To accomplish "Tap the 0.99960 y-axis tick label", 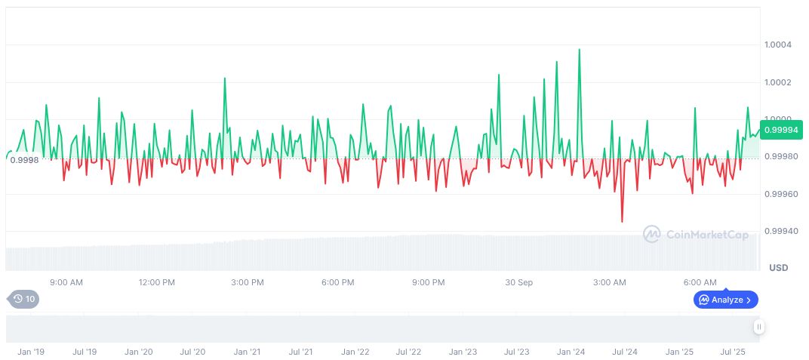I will click(782, 195).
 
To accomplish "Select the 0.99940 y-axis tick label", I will click(782, 232).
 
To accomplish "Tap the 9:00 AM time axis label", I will click(66, 282).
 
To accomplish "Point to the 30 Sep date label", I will click(518, 282).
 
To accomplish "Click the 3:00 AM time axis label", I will click(609, 282).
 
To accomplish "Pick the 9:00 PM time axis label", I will click(428, 282).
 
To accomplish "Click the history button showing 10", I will click(24, 299).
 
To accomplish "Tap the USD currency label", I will click(778, 268).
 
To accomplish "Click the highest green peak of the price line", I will click(579, 50).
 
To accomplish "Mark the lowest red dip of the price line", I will click(622, 221).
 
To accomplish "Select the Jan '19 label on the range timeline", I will click(31, 352).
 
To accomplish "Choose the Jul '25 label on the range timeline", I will click(733, 352).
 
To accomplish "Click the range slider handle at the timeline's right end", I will click(758, 327).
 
